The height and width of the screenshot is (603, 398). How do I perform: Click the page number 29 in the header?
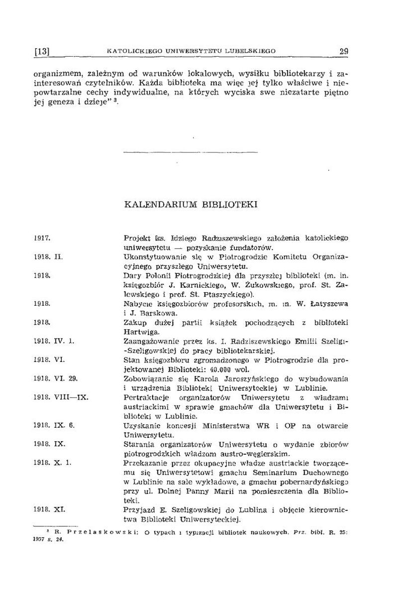pos(343,51)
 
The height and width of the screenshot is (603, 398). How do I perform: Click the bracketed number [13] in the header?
pos(41,51)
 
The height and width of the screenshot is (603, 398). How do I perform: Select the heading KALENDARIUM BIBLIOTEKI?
pos(190,205)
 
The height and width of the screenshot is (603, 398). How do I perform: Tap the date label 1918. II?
pos(46,257)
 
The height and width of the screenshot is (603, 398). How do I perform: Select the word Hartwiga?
pos(141,332)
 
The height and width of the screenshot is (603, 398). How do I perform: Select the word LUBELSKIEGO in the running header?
pos(250,51)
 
